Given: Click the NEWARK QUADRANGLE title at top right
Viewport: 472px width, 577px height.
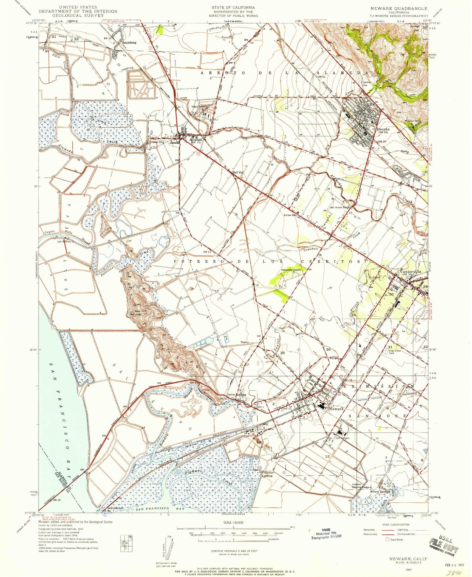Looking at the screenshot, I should [399, 8].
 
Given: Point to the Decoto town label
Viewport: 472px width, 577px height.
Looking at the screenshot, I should [383, 130].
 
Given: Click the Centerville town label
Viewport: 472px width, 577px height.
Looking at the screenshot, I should [411, 272].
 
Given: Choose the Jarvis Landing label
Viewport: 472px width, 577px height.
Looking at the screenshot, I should [236, 394].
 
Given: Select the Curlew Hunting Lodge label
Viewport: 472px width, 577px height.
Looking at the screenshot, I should [361, 486].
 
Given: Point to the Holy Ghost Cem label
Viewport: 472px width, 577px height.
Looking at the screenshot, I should [395, 352].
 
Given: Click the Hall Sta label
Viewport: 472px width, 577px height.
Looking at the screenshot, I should [237, 172].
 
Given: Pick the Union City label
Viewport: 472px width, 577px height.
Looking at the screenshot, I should [157, 142].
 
